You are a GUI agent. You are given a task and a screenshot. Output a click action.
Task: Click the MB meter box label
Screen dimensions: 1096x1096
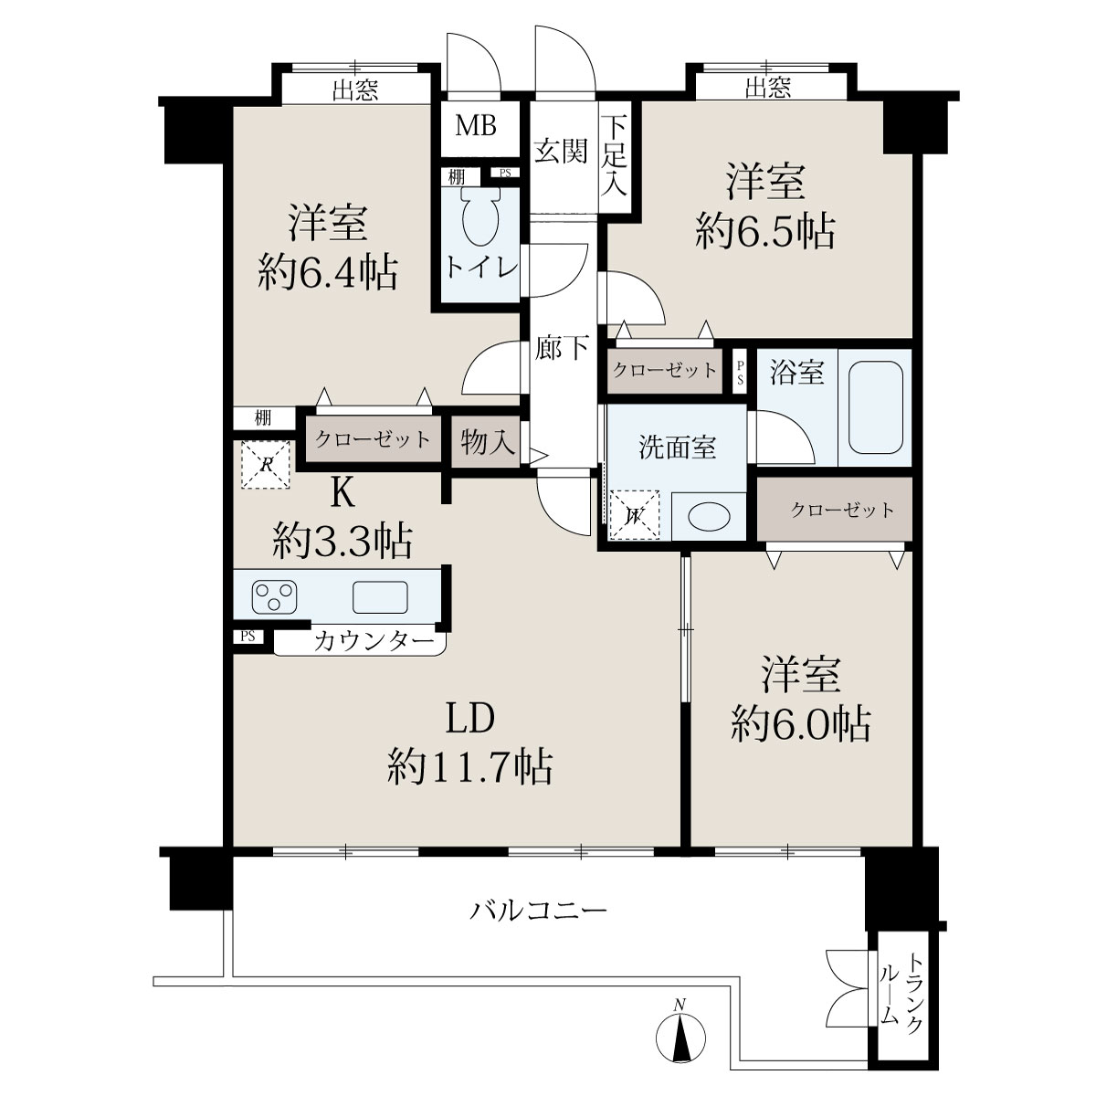pyautogui.click(x=476, y=126)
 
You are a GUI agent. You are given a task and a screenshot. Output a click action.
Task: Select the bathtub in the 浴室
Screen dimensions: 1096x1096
pyautogui.click(x=875, y=407)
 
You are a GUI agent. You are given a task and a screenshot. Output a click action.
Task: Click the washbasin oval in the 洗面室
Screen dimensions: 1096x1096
pyautogui.click(x=709, y=516)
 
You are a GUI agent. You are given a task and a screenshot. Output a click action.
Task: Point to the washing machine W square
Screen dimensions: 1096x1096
pyautogui.click(x=634, y=515)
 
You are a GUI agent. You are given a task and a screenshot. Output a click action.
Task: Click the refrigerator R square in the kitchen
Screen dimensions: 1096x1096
pyautogui.click(x=265, y=465)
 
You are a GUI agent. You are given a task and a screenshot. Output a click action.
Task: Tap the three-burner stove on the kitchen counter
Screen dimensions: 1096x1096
pyautogui.click(x=274, y=597)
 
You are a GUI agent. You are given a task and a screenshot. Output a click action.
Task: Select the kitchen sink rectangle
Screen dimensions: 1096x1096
pyautogui.click(x=380, y=597)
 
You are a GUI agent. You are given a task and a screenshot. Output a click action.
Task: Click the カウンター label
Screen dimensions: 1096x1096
pyautogui.click(x=374, y=641)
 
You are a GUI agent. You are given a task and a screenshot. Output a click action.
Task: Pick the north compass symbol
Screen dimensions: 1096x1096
pyautogui.click(x=680, y=1028)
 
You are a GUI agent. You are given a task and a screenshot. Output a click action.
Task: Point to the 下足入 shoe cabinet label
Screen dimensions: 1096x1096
pyautogui.click(x=615, y=155)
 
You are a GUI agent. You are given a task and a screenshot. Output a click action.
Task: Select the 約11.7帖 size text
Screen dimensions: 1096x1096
pyautogui.click(x=469, y=767)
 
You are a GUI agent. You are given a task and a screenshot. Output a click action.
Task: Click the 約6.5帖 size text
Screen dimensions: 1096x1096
pyautogui.click(x=765, y=231)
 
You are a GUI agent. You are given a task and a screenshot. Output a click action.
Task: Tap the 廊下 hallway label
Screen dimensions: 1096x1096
pyautogui.click(x=562, y=347)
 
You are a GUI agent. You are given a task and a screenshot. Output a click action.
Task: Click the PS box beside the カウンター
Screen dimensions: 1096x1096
pyautogui.click(x=248, y=636)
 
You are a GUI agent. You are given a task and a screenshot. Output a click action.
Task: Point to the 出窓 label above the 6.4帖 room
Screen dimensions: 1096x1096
pyautogui.click(x=355, y=90)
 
